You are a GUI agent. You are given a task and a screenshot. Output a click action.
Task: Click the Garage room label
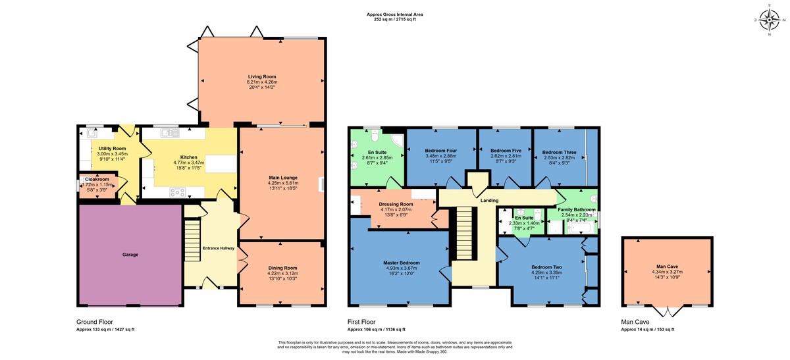click(x=130, y=254)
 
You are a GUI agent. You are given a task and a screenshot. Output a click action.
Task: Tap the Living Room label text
click(x=261, y=77)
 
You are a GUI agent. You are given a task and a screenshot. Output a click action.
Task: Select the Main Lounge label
click(x=283, y=177)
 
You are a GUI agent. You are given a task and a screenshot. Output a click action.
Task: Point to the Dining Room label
click(x=282, y=268)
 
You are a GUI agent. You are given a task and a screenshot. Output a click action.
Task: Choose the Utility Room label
click(x=111, y=149)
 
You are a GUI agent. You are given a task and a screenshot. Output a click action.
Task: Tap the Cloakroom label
click(x=97, y=179)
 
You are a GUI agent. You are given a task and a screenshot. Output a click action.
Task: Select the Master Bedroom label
click(x=402, y=263)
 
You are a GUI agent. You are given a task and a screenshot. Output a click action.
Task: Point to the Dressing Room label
click(x=396, y=204)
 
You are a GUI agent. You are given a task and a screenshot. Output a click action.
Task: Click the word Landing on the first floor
click(x=490, y=201)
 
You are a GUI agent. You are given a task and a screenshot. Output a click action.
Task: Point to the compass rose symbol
click(x=769, y=20)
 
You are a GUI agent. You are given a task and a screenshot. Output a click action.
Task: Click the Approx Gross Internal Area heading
click(x=394, y=14)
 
